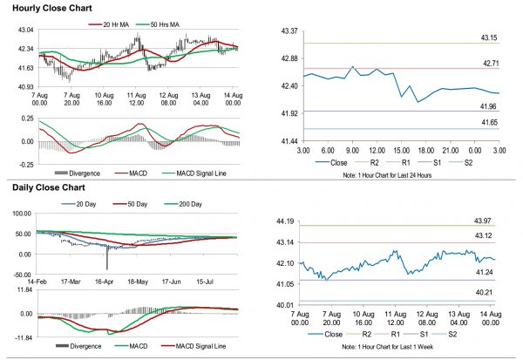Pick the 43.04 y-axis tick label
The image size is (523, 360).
[x=24, y=30]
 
